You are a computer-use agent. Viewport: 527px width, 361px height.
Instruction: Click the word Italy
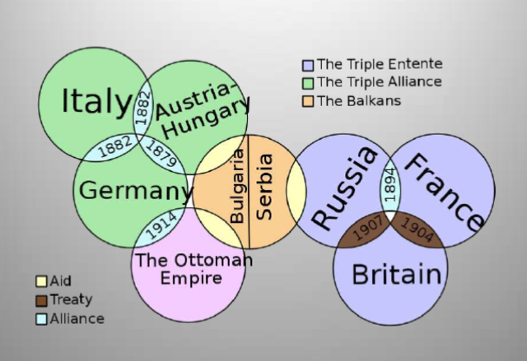96,102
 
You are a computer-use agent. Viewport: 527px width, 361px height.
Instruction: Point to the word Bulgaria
237,187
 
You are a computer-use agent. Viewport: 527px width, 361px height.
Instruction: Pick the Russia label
345,187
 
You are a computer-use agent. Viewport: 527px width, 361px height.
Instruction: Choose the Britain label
396,274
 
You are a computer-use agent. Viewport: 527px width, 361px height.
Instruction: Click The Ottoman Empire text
190,269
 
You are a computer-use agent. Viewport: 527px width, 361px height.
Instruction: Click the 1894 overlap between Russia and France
390,187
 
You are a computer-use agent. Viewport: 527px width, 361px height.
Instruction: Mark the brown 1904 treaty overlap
417,231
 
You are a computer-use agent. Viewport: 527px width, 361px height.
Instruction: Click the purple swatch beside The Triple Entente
308,65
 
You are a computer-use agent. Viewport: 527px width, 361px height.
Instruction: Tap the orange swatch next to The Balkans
308,101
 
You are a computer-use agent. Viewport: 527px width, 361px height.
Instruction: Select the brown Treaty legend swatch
40,300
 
